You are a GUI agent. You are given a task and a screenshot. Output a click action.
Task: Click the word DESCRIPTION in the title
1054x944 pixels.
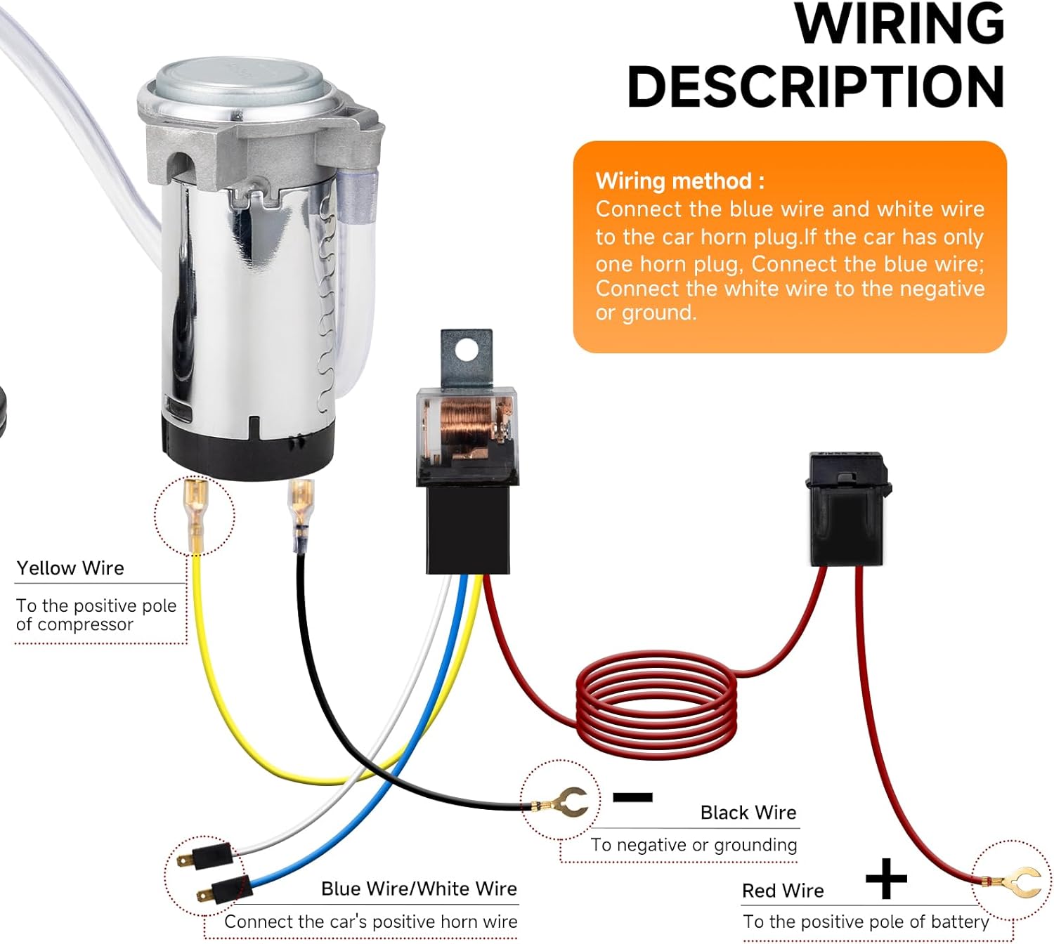tap(815, 87)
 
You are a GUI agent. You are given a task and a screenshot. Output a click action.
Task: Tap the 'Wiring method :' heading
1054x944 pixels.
tap(679, 181)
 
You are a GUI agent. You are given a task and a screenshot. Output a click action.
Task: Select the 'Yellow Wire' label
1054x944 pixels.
tap(70, 568)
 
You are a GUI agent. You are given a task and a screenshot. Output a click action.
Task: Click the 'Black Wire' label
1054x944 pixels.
tap(748, 813)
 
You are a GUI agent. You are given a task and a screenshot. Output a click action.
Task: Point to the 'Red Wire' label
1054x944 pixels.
tap(783, 891)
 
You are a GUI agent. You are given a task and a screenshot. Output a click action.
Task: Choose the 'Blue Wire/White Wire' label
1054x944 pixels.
tap(419, 889)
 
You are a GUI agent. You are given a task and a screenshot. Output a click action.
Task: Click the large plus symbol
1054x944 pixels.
tap(886, 878)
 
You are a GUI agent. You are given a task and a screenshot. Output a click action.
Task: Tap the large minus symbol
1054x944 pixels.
tap(632, 797)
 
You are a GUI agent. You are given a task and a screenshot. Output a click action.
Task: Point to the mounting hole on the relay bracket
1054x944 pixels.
tap(465, 349)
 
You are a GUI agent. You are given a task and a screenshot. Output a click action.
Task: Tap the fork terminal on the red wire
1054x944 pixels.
tap(1021, 881)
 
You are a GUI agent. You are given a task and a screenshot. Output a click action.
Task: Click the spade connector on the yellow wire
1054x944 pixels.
tap(195, 506)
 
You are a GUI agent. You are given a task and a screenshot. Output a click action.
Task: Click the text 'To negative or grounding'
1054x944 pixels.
tap(694, 845)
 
